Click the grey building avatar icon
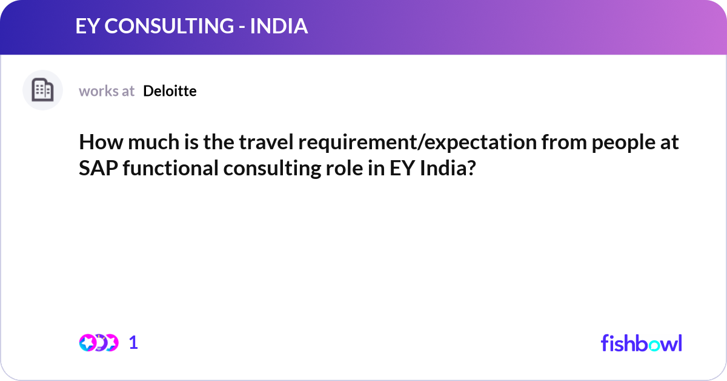point(42,90)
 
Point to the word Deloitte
point(170,91)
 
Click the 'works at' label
point(107,91)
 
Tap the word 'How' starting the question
point(96,144)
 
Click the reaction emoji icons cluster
point(98,343)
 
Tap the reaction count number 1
point(134,343)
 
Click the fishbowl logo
point(641,343)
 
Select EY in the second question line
point(400,169)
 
